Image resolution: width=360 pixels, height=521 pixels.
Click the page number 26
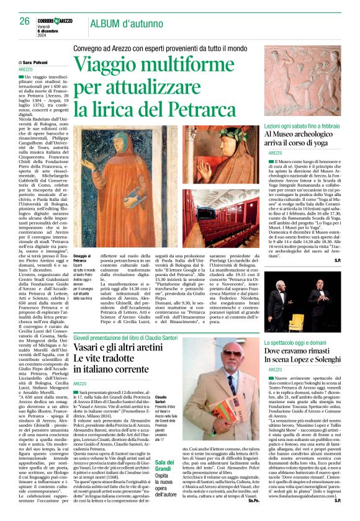pyautogui.click(x=25, y=21)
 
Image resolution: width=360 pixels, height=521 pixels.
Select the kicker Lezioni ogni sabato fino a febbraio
pyautogui.click(x=304, y=125)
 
